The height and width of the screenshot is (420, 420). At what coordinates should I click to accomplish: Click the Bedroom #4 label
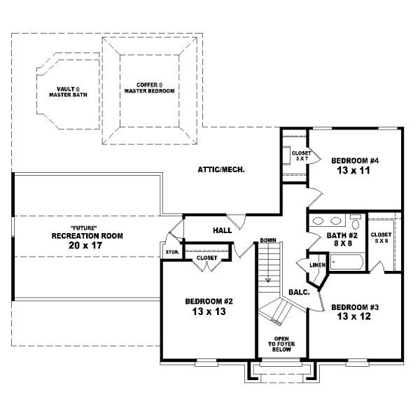[x=355, y=160]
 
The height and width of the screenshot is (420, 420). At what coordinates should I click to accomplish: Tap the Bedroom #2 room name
[x=209, y=301]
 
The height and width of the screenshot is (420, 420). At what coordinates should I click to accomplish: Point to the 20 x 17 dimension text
[x=87, y=246]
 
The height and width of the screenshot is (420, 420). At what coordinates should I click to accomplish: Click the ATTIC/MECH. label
[x=220, y=169]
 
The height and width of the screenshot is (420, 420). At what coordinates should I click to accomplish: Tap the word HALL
[x=223, y=230]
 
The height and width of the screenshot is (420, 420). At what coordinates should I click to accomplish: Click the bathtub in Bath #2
[x=346, y=262]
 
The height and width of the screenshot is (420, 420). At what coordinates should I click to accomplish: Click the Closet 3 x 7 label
[x=301, y=154]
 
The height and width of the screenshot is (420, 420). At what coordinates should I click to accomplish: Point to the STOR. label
[x=171, y=251]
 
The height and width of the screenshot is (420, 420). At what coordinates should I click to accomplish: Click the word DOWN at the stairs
[x=268, y=240]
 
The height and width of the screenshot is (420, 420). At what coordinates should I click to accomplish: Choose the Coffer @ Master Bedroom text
[x=150, y=88]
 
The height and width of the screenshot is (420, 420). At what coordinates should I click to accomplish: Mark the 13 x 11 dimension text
[x=355, y=170]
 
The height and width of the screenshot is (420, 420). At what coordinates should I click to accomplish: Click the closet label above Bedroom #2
[x=207, y=258]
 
